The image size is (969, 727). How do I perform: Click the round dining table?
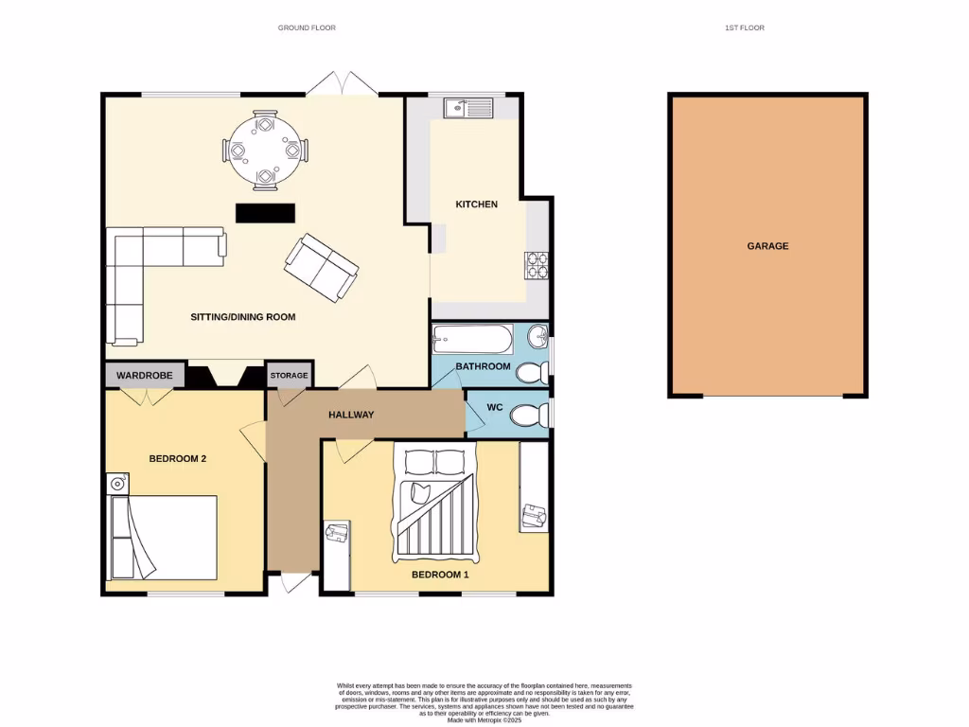[x=265, y=151]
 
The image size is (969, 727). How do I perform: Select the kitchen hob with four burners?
[x=537, y=264]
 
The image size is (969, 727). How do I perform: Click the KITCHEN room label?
[x=476, y=204]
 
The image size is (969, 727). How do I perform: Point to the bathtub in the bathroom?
[x=472, y=339]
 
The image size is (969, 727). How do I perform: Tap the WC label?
[x=494, y=408]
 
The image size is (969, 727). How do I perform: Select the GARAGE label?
[x=767, y=246]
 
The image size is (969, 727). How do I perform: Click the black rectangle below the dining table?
[x=265, y=213]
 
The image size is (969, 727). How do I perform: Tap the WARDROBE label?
[x=144, y=376]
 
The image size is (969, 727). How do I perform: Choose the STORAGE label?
[x=289, y=376]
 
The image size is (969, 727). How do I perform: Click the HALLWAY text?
[x=351, y=415]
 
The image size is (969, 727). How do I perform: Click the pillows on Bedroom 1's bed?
[x=435, y=462]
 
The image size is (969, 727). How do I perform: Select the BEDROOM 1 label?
[x=439, y=575]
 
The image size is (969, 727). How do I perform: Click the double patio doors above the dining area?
[x=342, y=83]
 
